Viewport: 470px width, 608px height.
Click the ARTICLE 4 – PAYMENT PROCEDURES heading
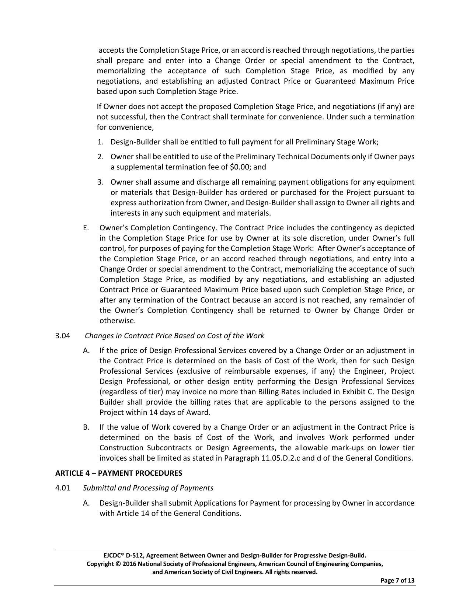point(118,473)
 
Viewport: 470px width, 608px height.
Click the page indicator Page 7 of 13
point(397,581)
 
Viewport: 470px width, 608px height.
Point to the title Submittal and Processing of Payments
point(148,488)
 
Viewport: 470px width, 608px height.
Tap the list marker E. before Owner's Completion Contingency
point(86,228)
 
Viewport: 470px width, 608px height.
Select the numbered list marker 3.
point(100,182)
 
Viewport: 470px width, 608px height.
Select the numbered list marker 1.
point(100,142)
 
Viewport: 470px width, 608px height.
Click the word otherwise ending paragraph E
point(118,321)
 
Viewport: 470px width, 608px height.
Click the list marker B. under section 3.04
point(86,427)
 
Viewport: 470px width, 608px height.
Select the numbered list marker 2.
point(100,157)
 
